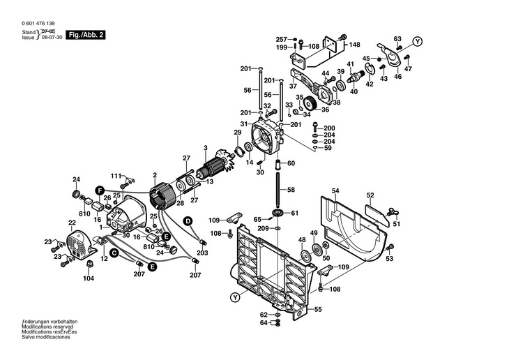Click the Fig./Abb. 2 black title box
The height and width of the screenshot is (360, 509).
click(86, 35)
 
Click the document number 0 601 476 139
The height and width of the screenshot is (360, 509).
click(38, 24)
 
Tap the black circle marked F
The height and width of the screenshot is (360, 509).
click(100, 190)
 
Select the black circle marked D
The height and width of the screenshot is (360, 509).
click(188, 221)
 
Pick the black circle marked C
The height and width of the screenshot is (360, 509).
click(114, 253)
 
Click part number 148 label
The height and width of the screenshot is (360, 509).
click(354, 45)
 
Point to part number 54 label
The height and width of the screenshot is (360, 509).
click(335, 190)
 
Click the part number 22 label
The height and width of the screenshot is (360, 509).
click(72, 223)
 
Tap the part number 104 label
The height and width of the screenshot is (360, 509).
click(89, 278)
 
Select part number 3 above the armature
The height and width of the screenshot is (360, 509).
click(205, 148)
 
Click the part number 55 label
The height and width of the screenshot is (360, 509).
click(318, 309)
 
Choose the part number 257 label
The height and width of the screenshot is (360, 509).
click(282, 40)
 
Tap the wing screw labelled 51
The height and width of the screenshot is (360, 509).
click(393, 213)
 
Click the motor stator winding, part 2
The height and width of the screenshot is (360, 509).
click(163, 196)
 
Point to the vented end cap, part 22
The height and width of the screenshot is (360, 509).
click(80, 246)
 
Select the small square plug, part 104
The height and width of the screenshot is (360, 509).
click(89, 264)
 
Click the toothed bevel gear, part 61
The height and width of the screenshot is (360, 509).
click(278, 213)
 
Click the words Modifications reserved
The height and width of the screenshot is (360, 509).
click(47, 327)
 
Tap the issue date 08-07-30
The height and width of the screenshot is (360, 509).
click(52, 38)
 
